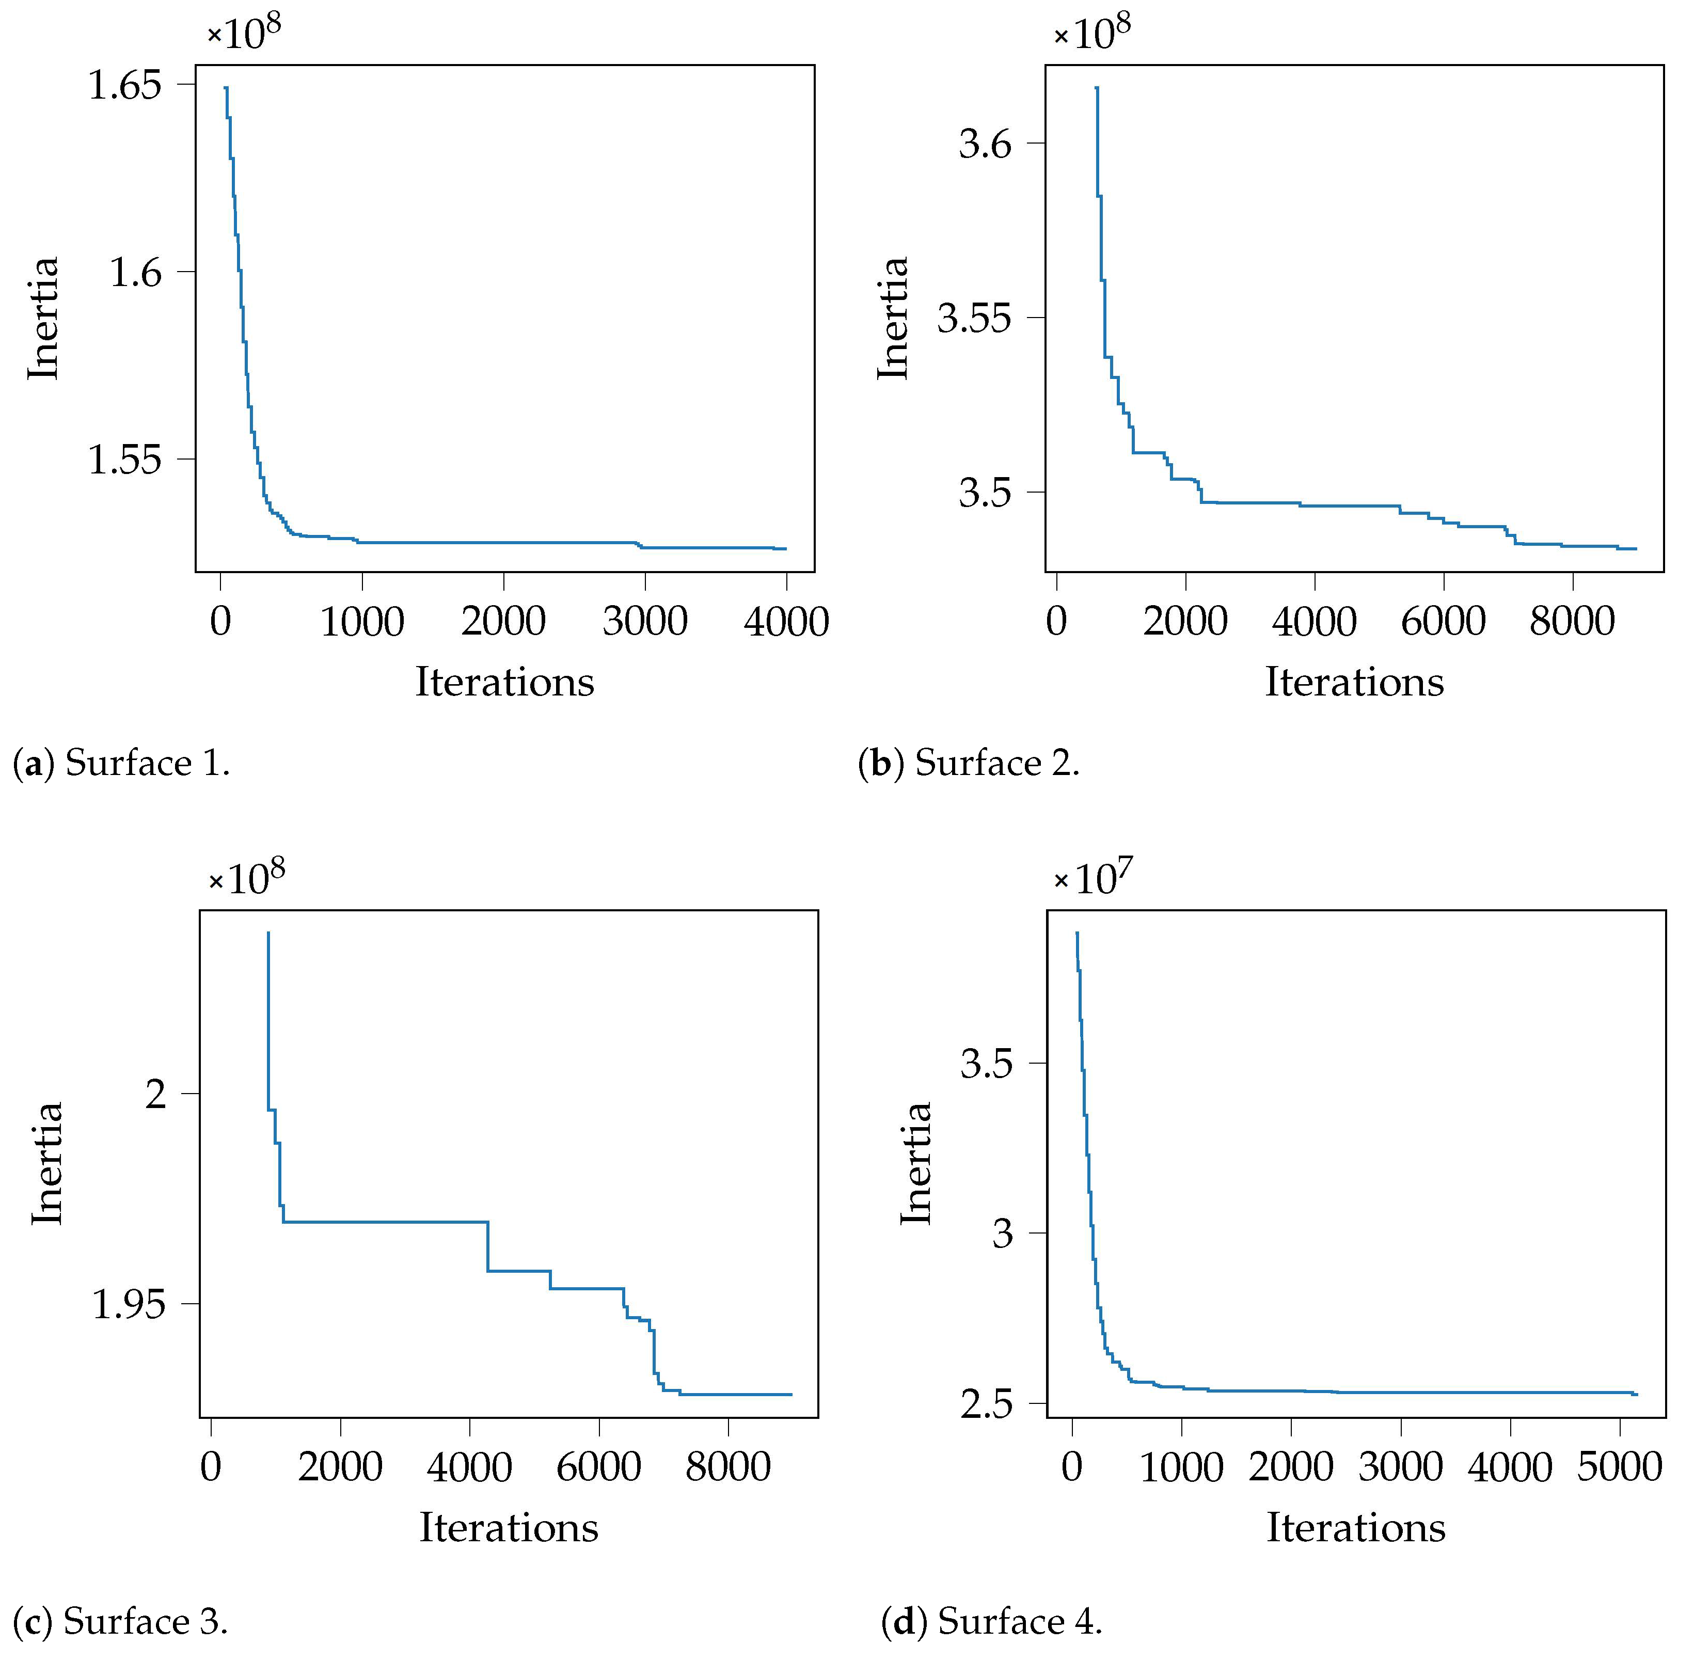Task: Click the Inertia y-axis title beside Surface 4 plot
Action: point(915,1164)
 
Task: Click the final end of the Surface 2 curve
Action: point(1637,548)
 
